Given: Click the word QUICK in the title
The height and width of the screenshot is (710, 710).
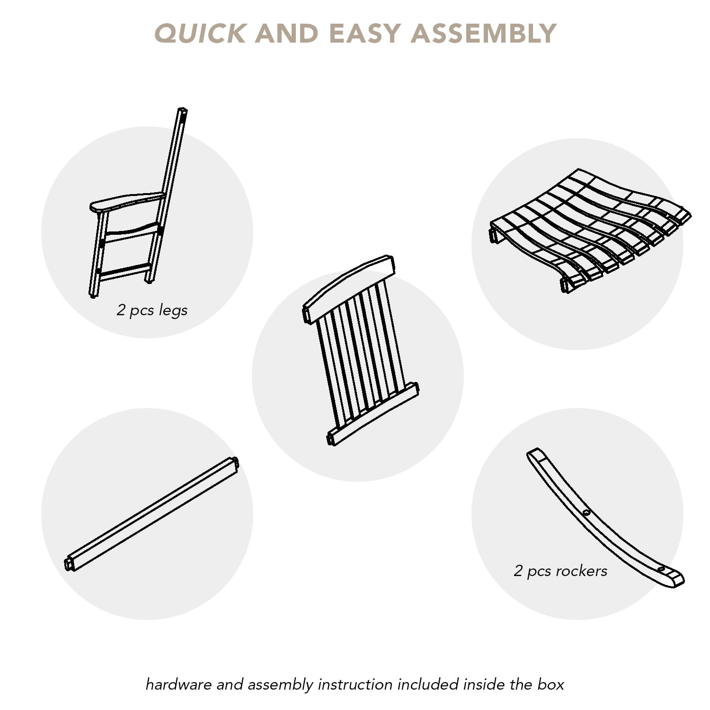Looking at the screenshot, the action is (x=200, y=34).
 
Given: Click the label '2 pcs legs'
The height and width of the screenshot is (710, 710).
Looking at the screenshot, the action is (x=152, y=310).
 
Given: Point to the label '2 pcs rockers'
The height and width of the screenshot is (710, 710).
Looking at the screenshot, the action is (x=560, y=571).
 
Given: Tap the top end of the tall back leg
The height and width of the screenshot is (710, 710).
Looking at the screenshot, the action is (x=182, y=112).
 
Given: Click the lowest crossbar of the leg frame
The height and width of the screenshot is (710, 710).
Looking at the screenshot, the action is (x=124, y=272).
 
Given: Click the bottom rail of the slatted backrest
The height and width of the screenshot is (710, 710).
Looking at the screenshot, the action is (x=373, y=414).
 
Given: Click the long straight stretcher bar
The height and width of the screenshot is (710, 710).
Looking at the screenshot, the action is (x=151, y=514).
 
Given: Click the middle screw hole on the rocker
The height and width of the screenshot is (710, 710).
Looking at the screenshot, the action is (x=586, y=513).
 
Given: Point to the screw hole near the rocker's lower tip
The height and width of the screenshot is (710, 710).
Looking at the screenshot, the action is (x=661, y=568).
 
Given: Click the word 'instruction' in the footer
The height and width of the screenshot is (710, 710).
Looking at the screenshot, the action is (x=355, y=684).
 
